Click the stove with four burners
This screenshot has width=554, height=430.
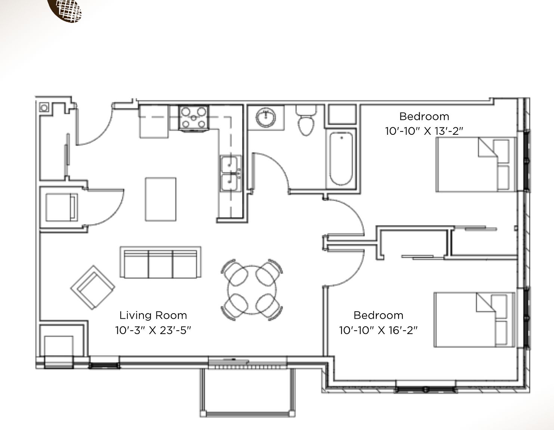point(194,118)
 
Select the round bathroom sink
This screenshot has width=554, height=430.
point(266,118)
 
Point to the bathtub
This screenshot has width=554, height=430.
point(341,158)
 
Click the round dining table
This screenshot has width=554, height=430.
point(252,290)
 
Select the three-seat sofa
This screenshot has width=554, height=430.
point(161,262)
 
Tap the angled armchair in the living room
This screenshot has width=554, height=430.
point(93,287)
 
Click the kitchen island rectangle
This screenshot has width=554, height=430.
point(161,199)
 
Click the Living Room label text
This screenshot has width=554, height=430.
point(153,315)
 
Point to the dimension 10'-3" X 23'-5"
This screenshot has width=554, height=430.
point(153,330)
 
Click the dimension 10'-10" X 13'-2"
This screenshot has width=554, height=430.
point(424,131)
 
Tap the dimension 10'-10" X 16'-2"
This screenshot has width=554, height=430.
point(378,330)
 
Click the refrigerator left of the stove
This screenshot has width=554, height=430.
point(154,122)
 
